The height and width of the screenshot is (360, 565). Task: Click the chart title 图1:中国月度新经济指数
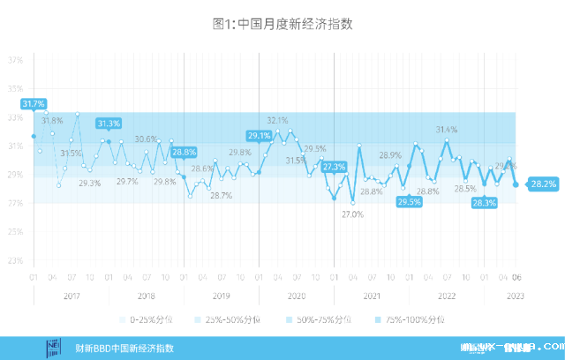[282, 25]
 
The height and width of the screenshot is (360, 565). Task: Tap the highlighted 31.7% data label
[33, 104]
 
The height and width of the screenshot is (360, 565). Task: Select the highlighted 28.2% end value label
[543, 184]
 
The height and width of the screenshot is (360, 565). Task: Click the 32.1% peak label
[277, 120]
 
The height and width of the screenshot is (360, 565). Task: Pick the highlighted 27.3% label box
[334, 167]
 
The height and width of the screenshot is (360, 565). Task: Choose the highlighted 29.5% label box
[409, 202]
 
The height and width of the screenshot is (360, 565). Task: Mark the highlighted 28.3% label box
[484, 202]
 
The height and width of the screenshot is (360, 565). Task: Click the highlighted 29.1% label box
[259, 136]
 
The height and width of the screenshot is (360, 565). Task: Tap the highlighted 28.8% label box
[184, 152]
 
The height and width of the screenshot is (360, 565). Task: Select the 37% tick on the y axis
[15, 61]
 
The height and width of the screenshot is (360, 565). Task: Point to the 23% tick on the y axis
[15, 261]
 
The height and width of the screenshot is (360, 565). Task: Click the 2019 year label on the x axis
[222, 296]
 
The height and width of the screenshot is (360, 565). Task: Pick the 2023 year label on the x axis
[516, 296]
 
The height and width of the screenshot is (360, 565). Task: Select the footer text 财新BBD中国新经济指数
[125, 348]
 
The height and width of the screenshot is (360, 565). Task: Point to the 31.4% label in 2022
[447, 130]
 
